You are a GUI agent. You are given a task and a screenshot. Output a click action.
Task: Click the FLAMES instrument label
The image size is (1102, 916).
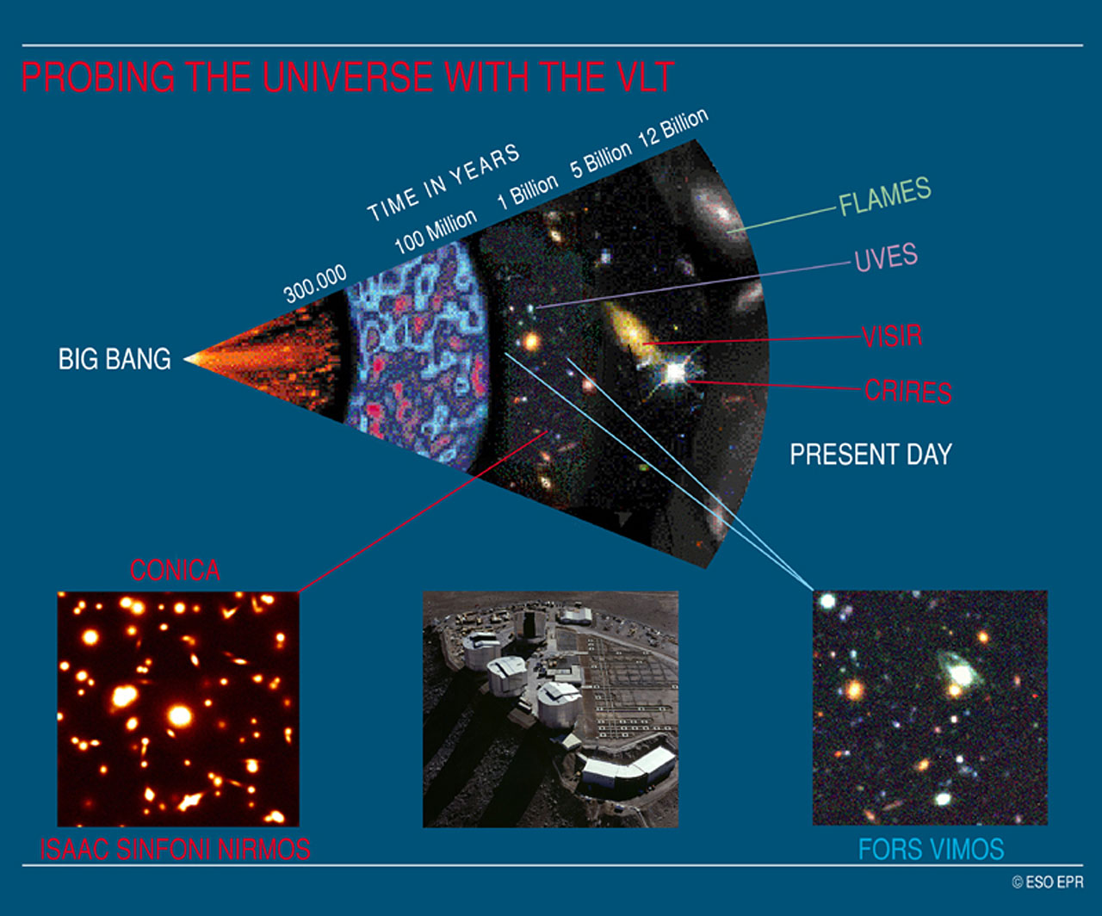pyautogui.click(x=885, y=196)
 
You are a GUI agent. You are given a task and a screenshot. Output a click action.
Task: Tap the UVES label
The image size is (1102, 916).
pyautogui.click(x=886, y=257)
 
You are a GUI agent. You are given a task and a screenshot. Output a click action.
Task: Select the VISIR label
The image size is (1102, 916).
pyautogui.click(x=892, y=335)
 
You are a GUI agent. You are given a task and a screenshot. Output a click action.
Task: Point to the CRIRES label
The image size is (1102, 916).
pyautogui.click(x=907, y=392)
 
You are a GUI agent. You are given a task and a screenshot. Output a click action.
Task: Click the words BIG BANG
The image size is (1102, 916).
pyautogui.click(x=115, y=358)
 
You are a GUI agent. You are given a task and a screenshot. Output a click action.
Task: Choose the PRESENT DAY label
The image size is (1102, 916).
pyautogui.click(x=870, y=454)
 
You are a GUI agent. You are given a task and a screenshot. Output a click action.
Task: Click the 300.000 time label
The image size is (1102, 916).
pyautogui.click(x=315, y=283)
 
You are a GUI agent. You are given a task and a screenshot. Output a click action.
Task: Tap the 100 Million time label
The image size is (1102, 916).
pyautogui.click(x=435, y=231)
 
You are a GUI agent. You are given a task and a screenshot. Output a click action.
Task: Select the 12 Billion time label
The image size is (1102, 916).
pyautogui.click(x=672, y=128)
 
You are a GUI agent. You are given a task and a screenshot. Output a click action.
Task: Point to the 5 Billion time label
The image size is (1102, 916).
pyautogui.click(x=600, y=159)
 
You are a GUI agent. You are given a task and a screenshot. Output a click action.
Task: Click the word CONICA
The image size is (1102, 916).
pyautogui.click(x=175, y=570)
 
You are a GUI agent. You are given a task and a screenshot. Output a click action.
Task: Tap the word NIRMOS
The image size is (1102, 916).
pyautogui.click(x=268, y=851)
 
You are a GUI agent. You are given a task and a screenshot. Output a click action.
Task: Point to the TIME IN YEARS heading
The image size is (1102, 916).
pyautogui.click(x=443, y=182)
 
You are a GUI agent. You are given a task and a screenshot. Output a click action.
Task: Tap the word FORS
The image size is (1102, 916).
pyautogui.click(x=889, y=851)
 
